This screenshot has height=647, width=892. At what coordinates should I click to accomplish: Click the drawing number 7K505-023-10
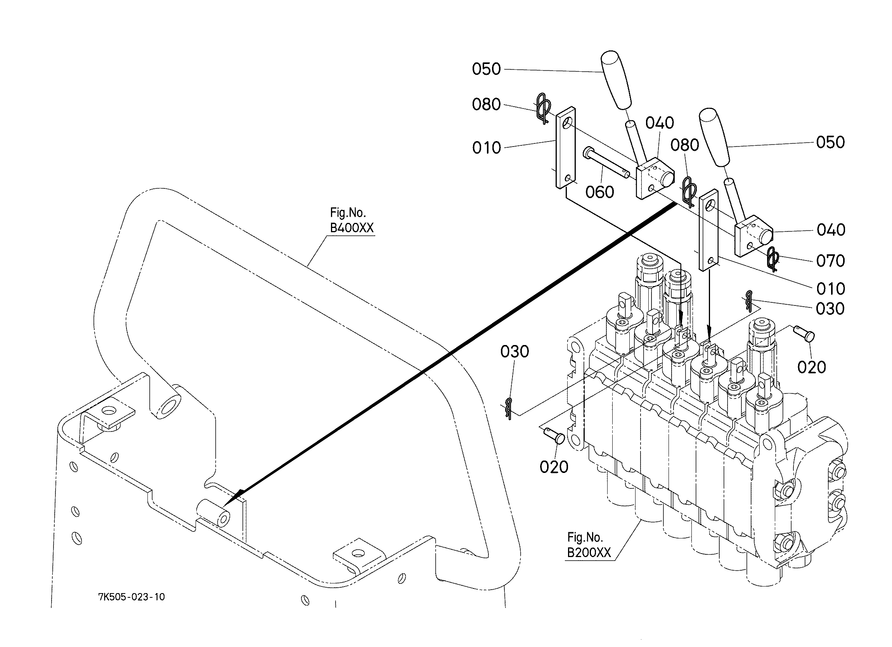[x=132, y=597]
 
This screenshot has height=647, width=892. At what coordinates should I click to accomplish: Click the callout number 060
[x=599, y=192]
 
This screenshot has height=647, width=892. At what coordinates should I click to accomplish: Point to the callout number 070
[x=831, y=261]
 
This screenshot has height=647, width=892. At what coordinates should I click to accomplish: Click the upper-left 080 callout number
[x=487, y=105]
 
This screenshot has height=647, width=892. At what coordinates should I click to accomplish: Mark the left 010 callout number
[x=487, y=148]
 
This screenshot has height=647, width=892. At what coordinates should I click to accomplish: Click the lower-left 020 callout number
[x=554, y=468]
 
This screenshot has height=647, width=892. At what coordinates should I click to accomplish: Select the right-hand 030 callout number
[x=830, y=309]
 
